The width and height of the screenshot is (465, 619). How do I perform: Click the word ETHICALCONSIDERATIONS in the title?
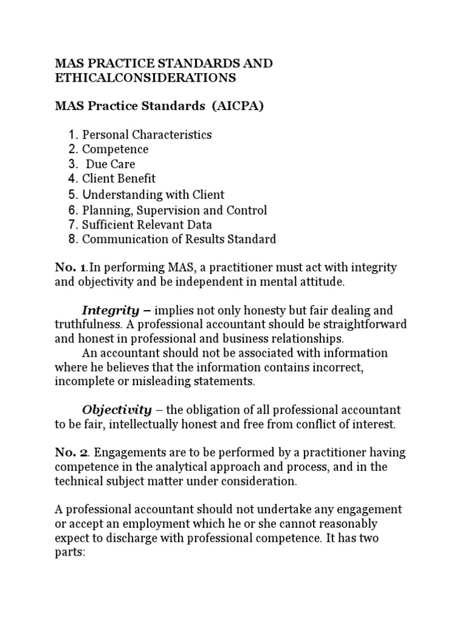pyautogui.click(x=146, y=78)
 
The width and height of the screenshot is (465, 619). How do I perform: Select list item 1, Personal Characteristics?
pyautogui.click(x=147, y=134)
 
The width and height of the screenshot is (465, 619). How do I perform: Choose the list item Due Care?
pyautogui.click(x=110, y=164)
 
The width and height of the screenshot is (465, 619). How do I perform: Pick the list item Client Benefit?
pyautogui.click(x=119, y=178)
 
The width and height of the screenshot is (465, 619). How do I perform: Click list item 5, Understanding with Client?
pyautogui.click(x=153, y=195)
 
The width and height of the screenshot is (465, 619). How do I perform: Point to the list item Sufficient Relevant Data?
pyautogui.click(x=147, y=225)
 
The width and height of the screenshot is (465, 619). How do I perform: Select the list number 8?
pyautogui.click(x=73, y=239)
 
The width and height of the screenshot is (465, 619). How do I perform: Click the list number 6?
pyautogui.click(x=73, y=210)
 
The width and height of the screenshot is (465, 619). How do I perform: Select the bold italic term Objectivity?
pyautogui.click(x=117, y=410)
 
